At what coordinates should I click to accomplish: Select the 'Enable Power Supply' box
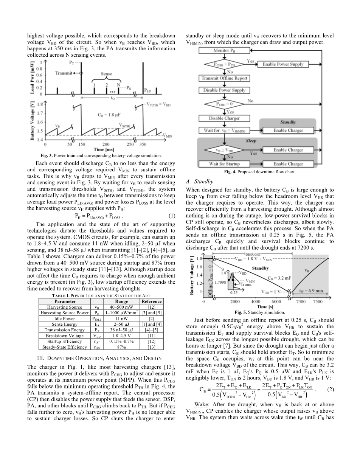point(283,64)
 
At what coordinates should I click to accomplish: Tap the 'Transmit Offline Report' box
point(224,78)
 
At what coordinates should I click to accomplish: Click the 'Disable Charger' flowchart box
point(224,118)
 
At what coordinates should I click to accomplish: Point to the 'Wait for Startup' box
point(224,164)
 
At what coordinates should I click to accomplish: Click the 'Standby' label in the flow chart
point(288,123)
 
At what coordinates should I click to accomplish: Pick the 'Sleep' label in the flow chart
point(251,141)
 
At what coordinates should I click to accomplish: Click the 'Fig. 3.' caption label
point(47,155)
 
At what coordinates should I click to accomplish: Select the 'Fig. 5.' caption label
point(241,312)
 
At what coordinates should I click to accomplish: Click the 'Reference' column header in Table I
point(152,301)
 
